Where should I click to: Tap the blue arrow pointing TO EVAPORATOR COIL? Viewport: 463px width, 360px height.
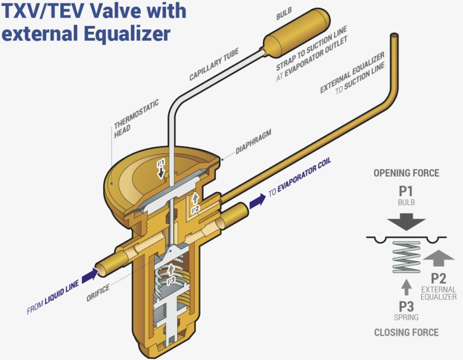(257, 200)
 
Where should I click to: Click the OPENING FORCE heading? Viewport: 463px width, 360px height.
(406, 174)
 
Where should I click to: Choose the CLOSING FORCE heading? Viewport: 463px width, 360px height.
(406, 333)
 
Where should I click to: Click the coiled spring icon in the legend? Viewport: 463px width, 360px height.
(406, 257)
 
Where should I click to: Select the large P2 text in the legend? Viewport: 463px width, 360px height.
(439, 279)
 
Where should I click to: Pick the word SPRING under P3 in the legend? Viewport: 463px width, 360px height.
(406, 317)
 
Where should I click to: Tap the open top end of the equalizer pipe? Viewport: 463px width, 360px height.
(394, 36)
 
